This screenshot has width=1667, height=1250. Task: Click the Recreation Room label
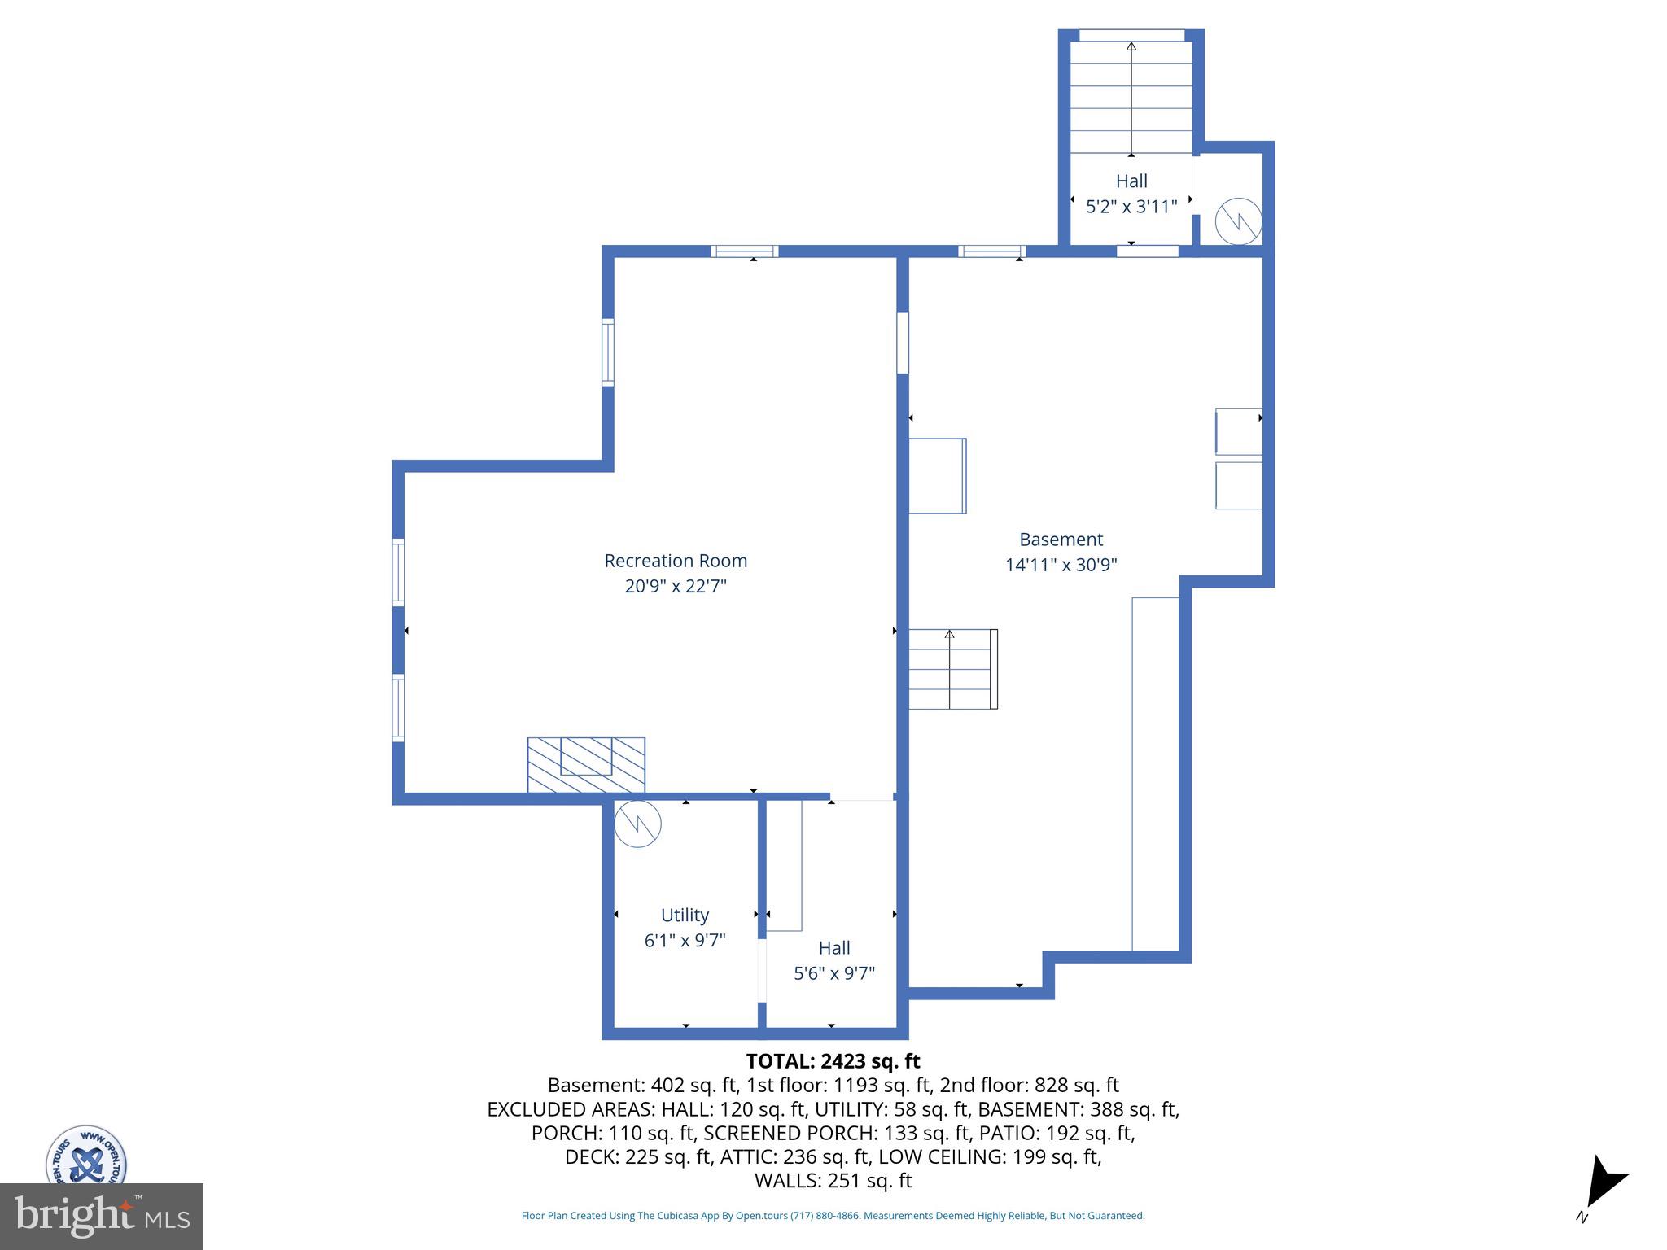(x=676, y=561)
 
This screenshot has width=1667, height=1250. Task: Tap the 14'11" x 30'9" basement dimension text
(x=1061, y=565)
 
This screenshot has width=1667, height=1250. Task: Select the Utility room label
(x=685, y=915)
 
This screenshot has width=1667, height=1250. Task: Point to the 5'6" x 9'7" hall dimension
(x=834, y=973)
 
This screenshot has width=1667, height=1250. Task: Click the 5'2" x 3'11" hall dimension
(x=1131, y=207)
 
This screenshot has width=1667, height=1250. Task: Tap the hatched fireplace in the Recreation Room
(x=586, y=764)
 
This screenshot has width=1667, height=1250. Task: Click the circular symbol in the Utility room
(x=637, y=824)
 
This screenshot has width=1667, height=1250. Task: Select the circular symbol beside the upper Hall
(x=1238, y=221)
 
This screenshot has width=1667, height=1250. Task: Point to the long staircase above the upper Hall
(x=1131, y=98)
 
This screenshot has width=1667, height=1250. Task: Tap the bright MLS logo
(x=101, y=1216)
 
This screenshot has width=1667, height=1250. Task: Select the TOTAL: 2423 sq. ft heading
(x=833, y=1061)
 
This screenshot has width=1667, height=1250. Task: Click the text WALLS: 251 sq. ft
(x=833, y=1181)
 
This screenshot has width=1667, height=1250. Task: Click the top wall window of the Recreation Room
(x=745, y=251)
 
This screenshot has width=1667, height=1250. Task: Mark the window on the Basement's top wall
(x=991, y=251)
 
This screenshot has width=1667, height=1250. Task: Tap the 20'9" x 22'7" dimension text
(x=676, y=586)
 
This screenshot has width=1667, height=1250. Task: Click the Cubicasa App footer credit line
(x=833, y=1216)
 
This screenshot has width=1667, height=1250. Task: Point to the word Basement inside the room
(x=1061, y=540)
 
